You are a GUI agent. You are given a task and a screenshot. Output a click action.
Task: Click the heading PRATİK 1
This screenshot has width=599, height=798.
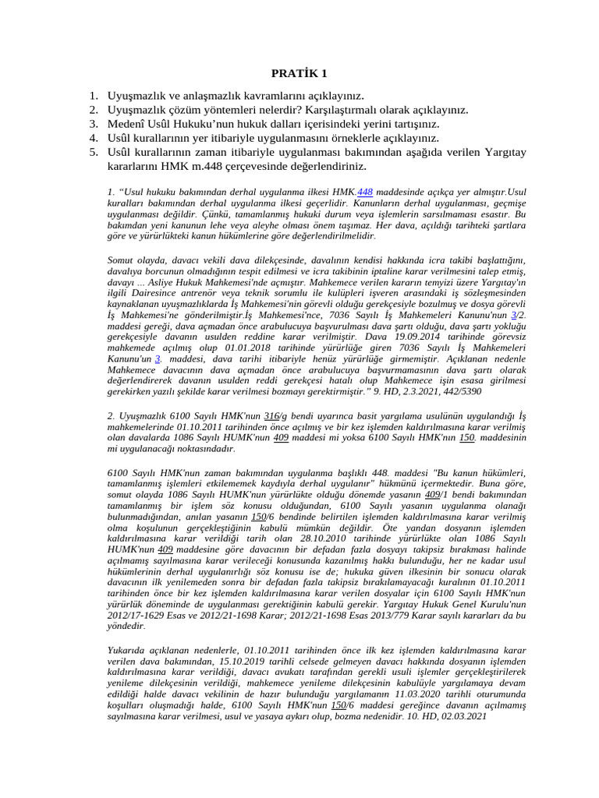pos(299,74)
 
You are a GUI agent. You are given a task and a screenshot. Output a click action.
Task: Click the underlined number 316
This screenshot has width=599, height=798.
pos(272,417)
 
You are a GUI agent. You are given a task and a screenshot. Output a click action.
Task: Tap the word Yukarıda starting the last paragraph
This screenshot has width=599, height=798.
pos(127,649)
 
